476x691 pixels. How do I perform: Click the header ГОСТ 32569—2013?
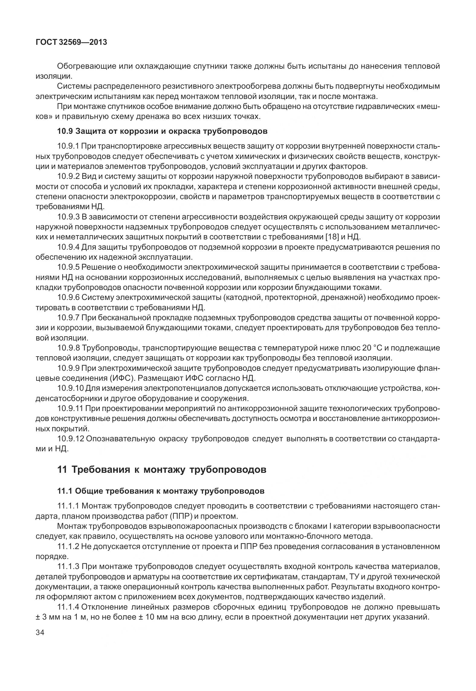click(x=71, y=42)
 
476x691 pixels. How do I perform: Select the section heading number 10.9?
click(x=65, y=131)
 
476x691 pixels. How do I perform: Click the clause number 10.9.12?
click(x=70, y=439)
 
